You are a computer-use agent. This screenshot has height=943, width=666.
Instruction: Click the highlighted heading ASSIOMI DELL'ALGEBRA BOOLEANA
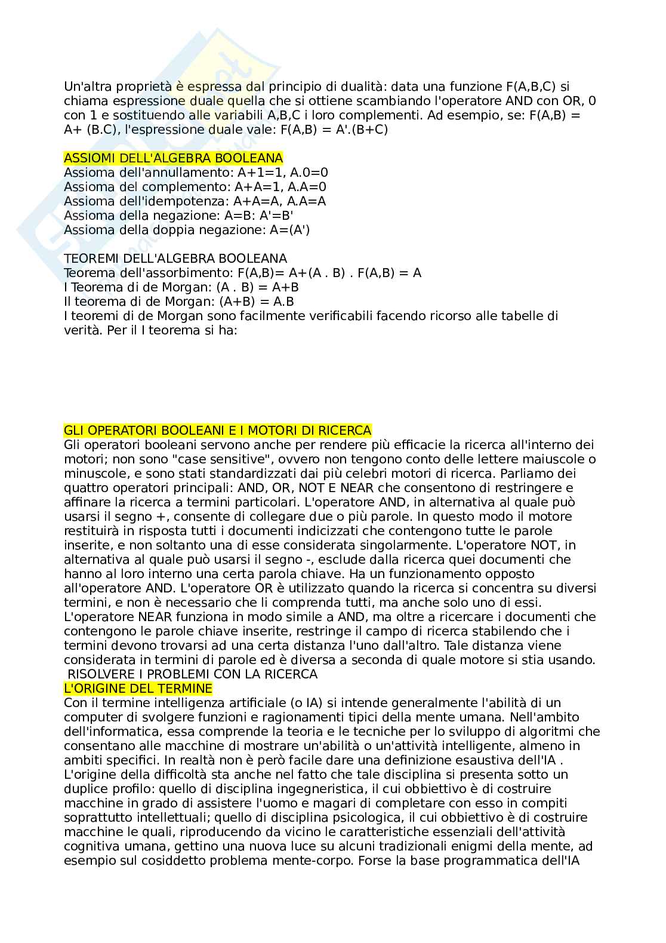tap(173, 158)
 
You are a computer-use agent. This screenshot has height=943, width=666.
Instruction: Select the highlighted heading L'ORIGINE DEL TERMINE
tap(138, 689)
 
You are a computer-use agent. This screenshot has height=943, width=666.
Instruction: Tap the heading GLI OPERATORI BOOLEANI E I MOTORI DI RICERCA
tap(217, 431)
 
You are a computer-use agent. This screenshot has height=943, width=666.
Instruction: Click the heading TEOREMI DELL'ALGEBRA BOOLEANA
tap(175, 259)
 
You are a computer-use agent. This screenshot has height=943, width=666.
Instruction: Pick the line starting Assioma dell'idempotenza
tap(195, 201)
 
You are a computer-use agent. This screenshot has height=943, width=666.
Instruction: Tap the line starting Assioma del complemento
tap(195, 187)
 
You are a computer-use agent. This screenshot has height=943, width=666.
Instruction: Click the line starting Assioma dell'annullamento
tap(196, 173)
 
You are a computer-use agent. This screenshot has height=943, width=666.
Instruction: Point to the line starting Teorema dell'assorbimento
tap(242, 273)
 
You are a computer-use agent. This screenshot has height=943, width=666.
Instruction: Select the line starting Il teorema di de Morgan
tap(178, 302)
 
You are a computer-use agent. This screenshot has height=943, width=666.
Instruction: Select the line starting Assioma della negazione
tap(178, 216)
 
